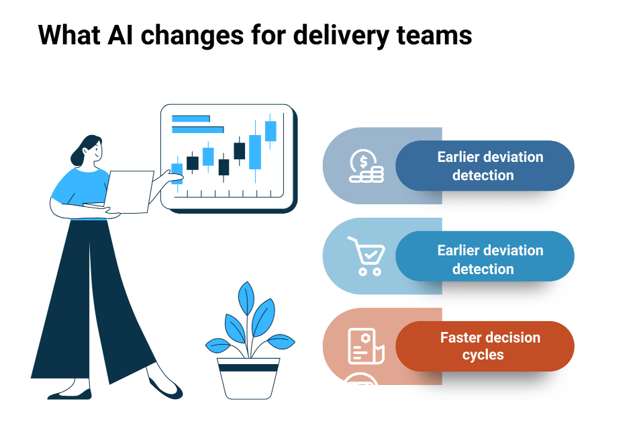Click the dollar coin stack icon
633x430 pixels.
(366, 166)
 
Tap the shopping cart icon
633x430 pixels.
(366, 256)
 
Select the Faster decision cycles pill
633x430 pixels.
(485, 346)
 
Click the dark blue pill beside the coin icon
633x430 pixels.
(485, 166)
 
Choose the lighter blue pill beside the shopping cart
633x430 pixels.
(485, 259)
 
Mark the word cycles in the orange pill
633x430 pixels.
(483, 355)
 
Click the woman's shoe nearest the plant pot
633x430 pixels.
(164, 388)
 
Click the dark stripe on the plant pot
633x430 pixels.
(248, 368)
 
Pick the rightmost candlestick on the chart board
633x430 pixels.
(271, 131)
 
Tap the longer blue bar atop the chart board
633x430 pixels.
(197, 129)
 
